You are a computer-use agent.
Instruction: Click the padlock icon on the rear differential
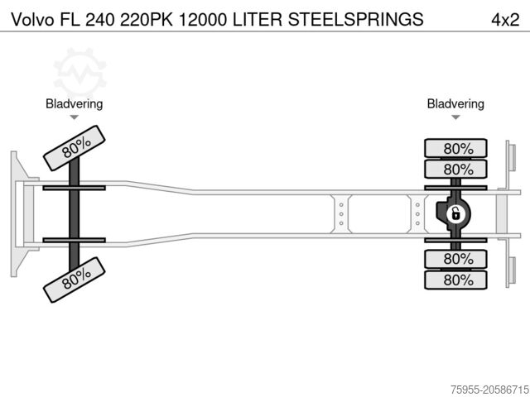point(455,214)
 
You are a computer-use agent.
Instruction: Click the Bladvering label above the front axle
point(75,103)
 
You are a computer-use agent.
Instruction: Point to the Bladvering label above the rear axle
point(455,103)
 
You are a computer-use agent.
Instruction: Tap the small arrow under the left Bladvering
point(75,118)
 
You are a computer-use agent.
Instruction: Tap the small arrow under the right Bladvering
point(455,118)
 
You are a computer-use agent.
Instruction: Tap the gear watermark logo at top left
point(79,70)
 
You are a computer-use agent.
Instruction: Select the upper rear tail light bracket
point(512,163)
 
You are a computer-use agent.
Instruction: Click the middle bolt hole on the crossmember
point(340,214)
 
